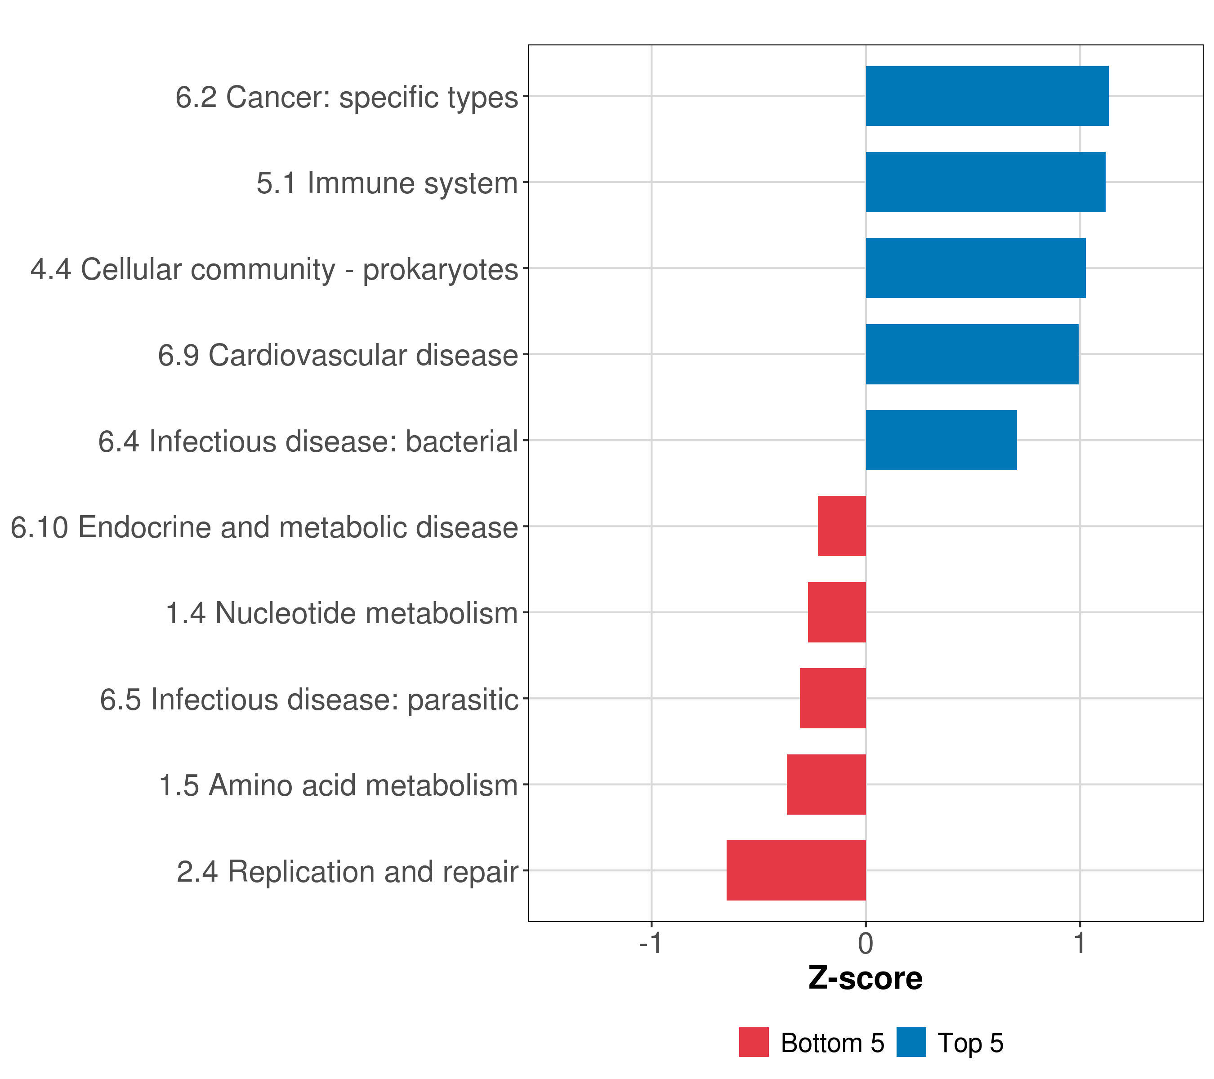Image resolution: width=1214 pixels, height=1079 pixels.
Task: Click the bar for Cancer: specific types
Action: point(986,96)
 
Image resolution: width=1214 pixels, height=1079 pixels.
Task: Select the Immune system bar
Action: point(985,183)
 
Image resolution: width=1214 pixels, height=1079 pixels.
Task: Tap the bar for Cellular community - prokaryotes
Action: point(975,268)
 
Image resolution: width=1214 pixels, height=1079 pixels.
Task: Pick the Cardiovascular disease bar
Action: point(972,355)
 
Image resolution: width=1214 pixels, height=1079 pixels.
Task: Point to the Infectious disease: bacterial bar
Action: point(941,440)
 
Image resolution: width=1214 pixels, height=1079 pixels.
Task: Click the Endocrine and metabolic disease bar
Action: point(842,526)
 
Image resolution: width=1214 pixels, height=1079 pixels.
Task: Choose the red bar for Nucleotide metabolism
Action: point(836,612)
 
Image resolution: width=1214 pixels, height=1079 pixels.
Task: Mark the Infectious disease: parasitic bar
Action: point(833,698)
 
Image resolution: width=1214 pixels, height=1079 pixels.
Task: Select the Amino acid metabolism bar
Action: point(826,785)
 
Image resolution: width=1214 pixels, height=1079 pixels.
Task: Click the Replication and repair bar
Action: point(796,870)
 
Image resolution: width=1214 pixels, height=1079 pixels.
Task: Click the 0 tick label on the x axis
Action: point(866,944)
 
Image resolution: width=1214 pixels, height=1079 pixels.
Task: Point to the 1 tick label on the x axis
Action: point(1079,944)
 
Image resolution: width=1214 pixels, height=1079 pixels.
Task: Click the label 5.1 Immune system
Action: point(387,183)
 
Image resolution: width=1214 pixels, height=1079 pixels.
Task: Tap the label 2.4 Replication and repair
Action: point(348,872)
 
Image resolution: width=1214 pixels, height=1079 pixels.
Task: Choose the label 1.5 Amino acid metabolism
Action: point(339,785)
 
